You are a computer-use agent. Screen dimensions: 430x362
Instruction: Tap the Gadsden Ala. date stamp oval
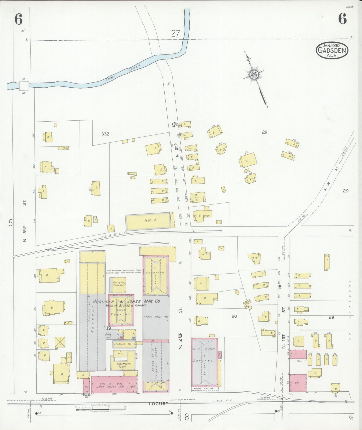[x=332, y=50]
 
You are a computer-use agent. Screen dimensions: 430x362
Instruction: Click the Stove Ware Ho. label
[x=156, y=317]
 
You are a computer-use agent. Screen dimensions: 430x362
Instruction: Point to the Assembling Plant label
[x=124, y=365]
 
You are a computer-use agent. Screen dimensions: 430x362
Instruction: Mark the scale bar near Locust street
[x=100, y=409]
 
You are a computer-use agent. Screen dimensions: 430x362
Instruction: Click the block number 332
[x=105, y=134]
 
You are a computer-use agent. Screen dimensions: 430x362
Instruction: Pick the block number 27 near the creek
[x=176, y=34]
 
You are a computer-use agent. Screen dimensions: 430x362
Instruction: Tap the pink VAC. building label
[x=297, y=383]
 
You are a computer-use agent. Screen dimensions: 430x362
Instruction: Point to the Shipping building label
[x=156, y=276]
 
